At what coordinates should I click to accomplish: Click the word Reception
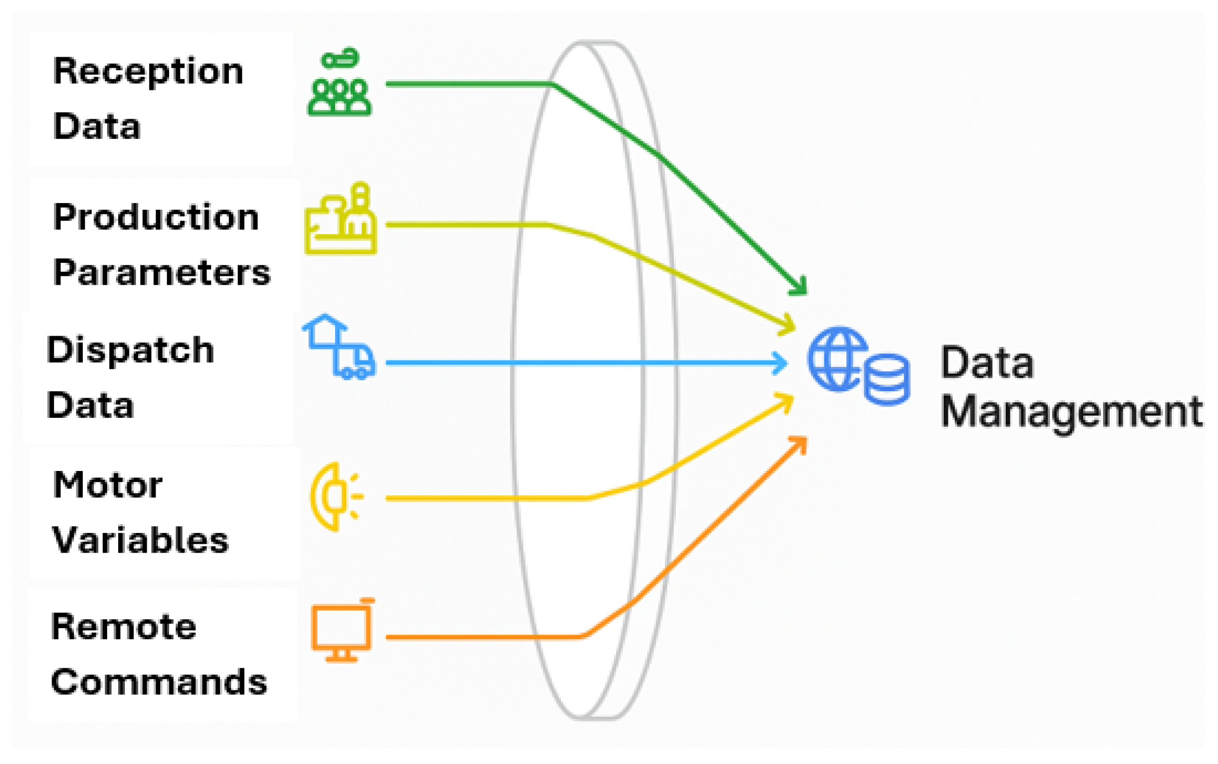pos(148,72)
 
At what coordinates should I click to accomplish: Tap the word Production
pos(156,218)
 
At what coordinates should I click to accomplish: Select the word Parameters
pos(162,273)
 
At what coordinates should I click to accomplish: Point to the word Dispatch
pos(130,350)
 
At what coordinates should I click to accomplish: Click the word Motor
pos(108,485)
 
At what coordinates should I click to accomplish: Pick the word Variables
pos(140,540)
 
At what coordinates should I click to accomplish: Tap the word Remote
pos(124,627)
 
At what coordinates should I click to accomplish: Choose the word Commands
pos(159,682)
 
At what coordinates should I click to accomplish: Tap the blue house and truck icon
pos(339,347)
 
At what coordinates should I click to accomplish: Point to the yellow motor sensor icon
pos(336,496)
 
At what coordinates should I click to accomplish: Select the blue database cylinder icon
pos(887,379)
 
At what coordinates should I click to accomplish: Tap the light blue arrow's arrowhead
pos(781,363)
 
